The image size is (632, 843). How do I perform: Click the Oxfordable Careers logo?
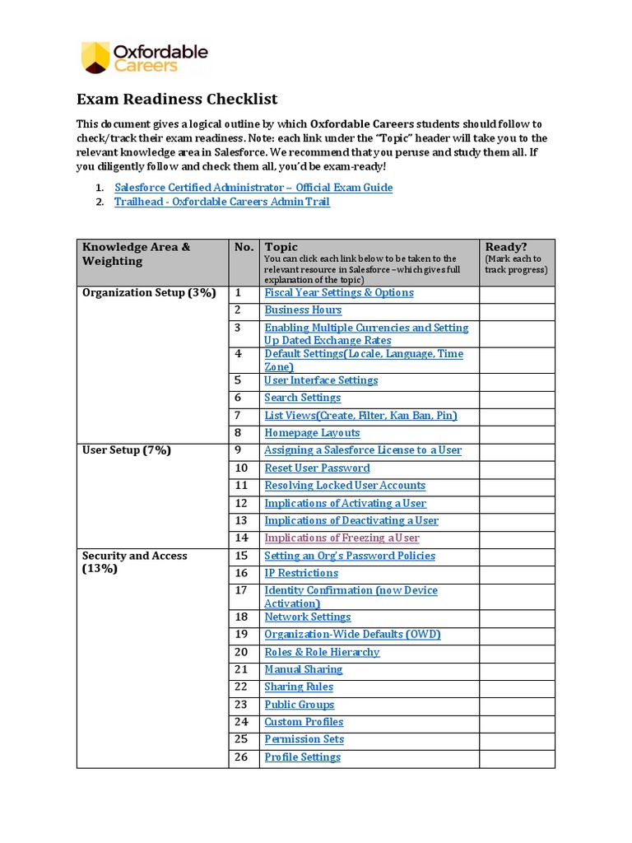(x=144, y=58)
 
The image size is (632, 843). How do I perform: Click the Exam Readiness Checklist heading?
(x=177, y=99)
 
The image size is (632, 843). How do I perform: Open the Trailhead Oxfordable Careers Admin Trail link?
(x=222, y=202)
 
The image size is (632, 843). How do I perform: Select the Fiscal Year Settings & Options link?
(x=339, y=293)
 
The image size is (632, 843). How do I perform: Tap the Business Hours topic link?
(x=303, y=310)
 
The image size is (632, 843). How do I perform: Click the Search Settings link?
(x=302, y=398)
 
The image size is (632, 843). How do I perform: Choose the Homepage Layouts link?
(x=312, y=433)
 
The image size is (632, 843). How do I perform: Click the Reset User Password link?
(x=317, y=468)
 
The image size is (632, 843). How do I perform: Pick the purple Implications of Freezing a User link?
(x=342, y=538)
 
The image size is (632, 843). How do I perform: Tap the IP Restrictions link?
(x=301, y=573)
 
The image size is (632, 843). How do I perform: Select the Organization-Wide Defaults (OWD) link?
(x=352, y=635)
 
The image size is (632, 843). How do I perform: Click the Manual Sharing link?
(x=304, y=669)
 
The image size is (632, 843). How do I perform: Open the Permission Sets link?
(x=304, y=739)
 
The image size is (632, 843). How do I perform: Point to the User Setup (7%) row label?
(x=127, y=450)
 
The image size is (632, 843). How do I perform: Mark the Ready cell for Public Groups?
(x=517, y=705)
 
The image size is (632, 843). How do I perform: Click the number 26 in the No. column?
(x=241, y=757)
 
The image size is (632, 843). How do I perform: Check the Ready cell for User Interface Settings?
(x=517, y=380)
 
